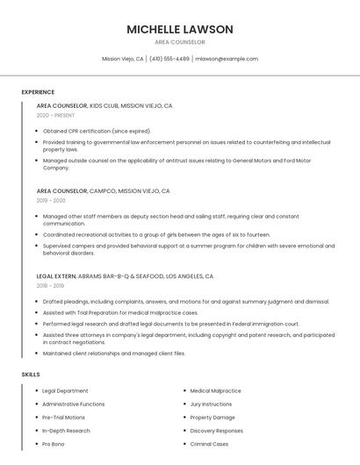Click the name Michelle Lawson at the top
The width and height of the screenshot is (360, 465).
pos(180,29)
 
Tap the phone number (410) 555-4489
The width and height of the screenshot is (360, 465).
pos(169,59)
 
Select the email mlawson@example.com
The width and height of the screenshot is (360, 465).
pos(227,59)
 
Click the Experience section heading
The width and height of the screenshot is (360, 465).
pos(38,92)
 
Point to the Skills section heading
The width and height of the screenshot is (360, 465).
pos(31,375)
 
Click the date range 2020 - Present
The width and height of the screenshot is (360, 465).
pos(56,116)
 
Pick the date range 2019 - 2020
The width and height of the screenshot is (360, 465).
pos(51,201)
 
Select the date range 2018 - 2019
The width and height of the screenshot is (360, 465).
pos(50,286)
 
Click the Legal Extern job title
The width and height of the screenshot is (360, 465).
pos(56,275)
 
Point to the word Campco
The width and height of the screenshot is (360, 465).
pos(102,190)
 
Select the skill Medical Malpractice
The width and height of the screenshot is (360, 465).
pos(215,390)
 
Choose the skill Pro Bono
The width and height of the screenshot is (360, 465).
pos(54,444)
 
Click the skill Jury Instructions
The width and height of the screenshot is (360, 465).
pos(211,404)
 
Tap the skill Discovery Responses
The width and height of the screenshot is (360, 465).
pos(216,431)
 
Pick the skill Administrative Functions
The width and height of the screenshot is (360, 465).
pos(73,404)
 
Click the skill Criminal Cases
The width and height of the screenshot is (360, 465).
pos(209,444)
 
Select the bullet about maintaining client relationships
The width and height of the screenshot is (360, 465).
pos(114,353)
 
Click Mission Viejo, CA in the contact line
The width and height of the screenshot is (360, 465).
pos(123,59)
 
